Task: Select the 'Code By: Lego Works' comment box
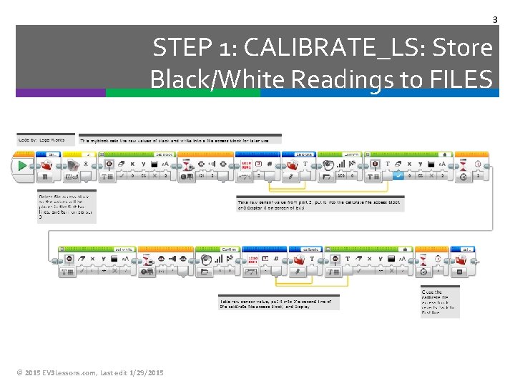pyautogui.click(x=41, y=139)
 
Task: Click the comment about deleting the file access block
pyautogui.click(x=67, y=207)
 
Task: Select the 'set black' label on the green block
pyautogui.click(x=164, y=153)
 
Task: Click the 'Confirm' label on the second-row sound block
pyautogui.click(x=229, y=249)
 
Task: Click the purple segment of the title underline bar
pyautogui.click(x=61, y=92)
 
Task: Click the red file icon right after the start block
pyautogui.click(x=48, y=165)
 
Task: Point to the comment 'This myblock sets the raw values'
pyautogui.click(x=180, y=139)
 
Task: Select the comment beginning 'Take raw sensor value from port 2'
pyautogui.click(x=320, y=205)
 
